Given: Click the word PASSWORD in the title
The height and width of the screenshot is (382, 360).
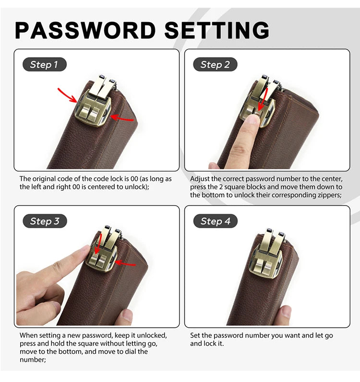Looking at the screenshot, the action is click(x=85, y=30).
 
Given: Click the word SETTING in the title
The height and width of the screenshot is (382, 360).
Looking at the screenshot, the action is click(x=217, y=30).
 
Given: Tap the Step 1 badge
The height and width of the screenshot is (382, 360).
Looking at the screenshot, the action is click(x=44, y=64).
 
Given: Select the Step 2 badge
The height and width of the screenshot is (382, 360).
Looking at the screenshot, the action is click(x=215, y=64).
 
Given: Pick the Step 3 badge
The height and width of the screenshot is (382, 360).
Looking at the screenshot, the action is click(x=45, y=221).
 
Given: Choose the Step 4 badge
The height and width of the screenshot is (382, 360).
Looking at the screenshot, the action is click(x=216, y=221).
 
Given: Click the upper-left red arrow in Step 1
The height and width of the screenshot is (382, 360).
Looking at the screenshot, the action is click(x=67, y=95).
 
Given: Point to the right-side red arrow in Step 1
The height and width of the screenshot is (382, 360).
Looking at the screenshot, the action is click(x=122, y=118).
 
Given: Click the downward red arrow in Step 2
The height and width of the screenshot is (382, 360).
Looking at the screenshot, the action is click(x=263, y=100).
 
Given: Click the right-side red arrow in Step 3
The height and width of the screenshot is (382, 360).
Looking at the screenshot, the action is click(x=125, y=263).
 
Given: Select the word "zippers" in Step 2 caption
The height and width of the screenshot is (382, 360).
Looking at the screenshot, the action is click(x=329, y=195).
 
